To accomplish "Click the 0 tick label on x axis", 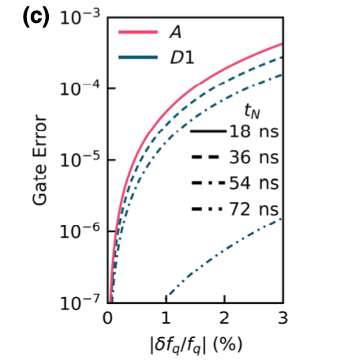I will point(108,319).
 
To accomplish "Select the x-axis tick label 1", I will point(166,319).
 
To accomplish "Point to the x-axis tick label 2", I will point(224,319).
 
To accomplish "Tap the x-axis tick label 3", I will point(282,319).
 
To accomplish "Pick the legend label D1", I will point(181,56).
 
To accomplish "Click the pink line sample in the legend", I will point(137,32).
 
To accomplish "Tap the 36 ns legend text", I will point(254,158).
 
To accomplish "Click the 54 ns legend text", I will point(254,183).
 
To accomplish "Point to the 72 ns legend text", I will point(254,209).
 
